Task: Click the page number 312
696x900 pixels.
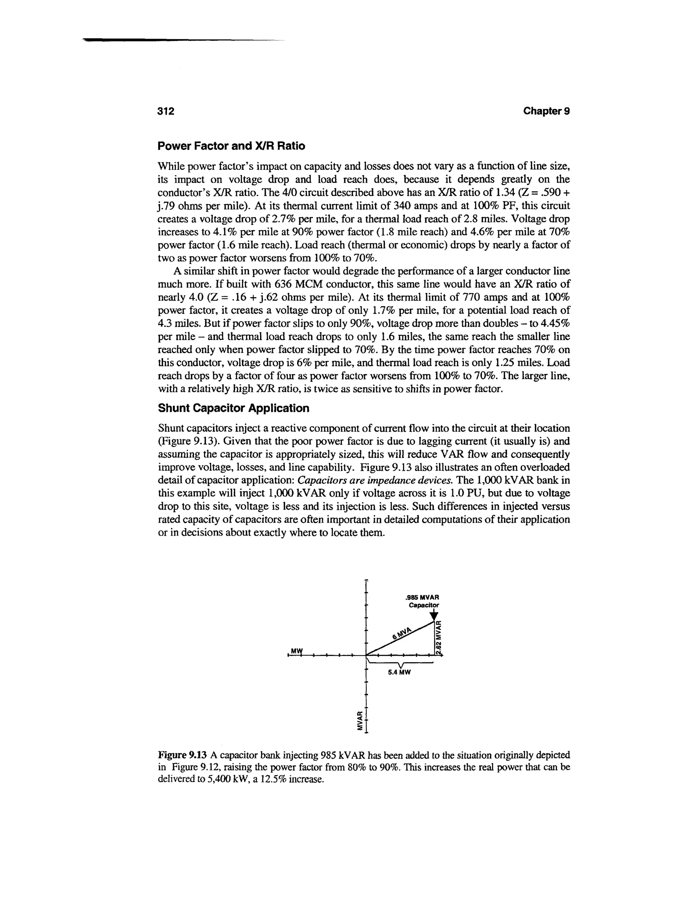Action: [167, 111]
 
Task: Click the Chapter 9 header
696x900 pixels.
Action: [546, 111]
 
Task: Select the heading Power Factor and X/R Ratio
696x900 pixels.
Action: [232, 146]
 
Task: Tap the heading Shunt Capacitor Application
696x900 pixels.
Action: [233, 408]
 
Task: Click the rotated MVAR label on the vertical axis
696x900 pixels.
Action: [360, 720]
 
